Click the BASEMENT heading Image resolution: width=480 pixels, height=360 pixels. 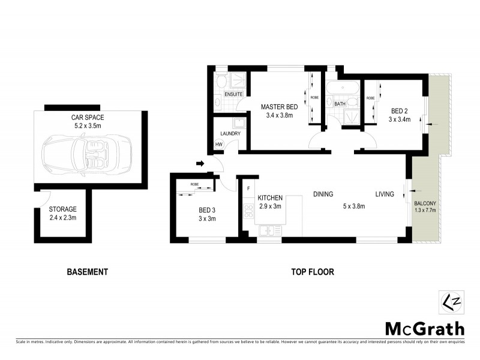point(87,272)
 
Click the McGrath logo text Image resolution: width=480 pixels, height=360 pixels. point(424,328)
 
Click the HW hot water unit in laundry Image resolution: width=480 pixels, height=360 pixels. point(219,144)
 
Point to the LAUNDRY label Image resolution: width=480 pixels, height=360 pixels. point(230,134)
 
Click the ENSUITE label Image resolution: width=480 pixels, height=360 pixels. point(233,95)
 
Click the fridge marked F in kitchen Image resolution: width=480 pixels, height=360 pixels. point(248,189)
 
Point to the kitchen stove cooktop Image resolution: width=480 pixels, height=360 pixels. point(248,211)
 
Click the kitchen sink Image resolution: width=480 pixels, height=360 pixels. point(269,230)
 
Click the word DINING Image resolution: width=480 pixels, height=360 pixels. point(323,194)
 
